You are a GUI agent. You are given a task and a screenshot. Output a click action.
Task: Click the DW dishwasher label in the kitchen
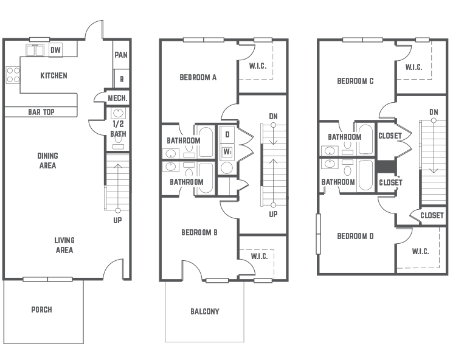pos(55,50)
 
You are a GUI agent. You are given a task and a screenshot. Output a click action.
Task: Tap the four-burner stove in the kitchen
pos(13,75)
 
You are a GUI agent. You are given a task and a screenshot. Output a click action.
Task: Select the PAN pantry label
pos(121,55)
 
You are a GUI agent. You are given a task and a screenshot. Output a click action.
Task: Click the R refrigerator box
pos(122,78)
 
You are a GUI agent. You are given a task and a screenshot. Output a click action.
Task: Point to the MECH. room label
pos(117,98)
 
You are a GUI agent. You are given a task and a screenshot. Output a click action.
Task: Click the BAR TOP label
pos(41,112)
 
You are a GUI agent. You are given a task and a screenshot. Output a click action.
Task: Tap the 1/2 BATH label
pos(118,129)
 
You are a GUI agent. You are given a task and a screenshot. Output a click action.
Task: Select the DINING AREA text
pos(47,161)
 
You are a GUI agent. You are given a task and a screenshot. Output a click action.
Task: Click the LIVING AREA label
pos(64,245)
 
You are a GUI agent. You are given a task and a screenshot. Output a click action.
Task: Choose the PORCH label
pos(41,310)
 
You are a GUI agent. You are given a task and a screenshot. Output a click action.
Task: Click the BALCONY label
pos(204,311)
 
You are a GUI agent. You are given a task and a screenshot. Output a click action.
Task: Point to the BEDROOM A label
pos(198,77)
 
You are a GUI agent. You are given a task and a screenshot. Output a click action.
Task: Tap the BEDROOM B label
pos(199,232)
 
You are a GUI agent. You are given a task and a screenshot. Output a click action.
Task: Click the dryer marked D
pos(227,134)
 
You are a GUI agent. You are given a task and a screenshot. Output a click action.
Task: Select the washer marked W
pos(227,152)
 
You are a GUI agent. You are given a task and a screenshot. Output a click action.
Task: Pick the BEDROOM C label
pos(355,81)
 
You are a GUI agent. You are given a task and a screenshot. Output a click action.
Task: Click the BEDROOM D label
pos(355,236)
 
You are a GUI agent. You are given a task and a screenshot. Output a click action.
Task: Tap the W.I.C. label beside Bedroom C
pos(414,67)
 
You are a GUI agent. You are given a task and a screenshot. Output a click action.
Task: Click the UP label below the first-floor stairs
pos(117,220)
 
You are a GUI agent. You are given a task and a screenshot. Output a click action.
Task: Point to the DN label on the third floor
pos(434,112)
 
